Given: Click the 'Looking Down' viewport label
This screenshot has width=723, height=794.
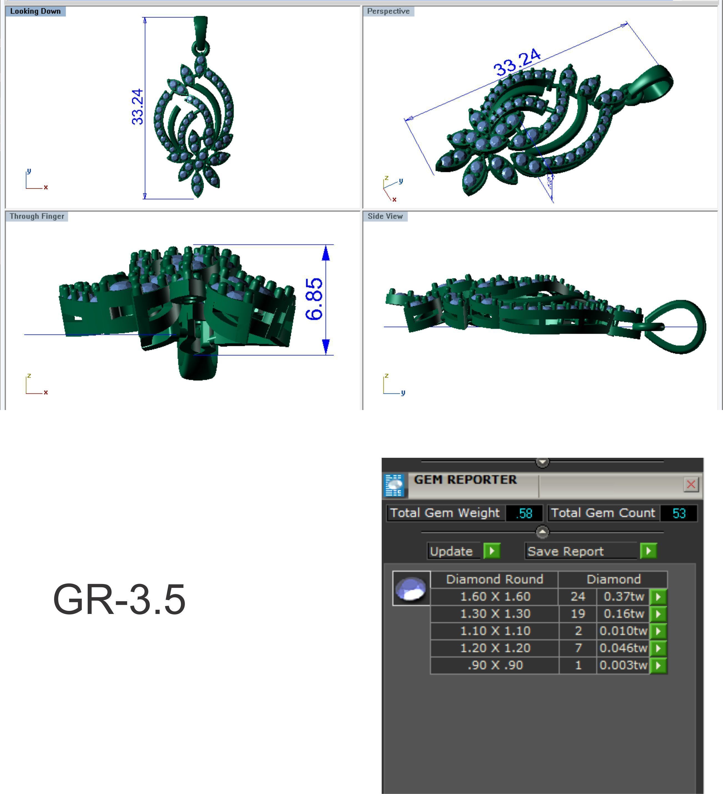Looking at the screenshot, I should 36,11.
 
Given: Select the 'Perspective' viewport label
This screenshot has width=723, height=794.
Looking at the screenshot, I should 388,11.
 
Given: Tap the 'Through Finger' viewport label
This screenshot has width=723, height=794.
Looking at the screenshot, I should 37,216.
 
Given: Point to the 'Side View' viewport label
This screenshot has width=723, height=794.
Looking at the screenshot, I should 385,216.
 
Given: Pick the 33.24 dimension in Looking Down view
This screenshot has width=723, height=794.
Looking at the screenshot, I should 137,107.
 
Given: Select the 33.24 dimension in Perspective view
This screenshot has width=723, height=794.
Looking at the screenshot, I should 517,62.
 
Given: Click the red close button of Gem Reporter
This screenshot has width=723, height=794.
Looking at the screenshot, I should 691,484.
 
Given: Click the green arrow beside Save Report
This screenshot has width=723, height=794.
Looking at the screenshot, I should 648,551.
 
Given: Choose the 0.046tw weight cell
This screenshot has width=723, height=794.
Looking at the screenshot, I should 623,648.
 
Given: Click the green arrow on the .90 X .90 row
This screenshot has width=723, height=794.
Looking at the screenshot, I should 658,665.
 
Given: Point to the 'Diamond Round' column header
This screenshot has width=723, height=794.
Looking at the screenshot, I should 495,579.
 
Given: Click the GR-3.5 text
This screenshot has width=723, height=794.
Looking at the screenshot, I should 119,600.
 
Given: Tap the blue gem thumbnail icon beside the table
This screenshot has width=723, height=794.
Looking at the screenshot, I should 411,588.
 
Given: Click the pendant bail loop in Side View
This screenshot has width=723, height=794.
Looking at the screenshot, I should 676,327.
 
